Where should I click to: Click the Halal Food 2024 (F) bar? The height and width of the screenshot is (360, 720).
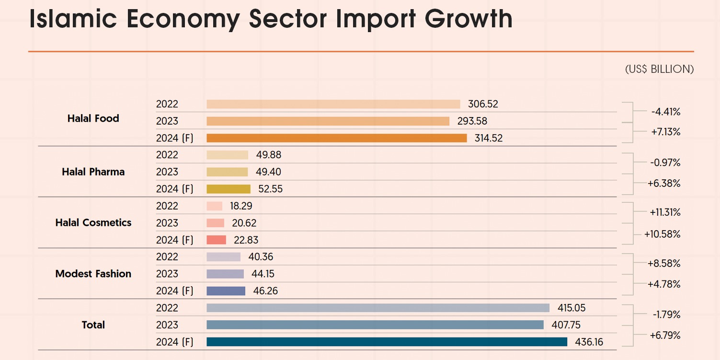coord(336,138)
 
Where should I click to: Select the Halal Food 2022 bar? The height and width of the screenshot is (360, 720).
coord(333,104)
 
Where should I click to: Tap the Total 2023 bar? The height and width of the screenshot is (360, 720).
coord(375,325)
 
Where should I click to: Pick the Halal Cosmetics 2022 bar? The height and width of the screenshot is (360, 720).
coord(214,206)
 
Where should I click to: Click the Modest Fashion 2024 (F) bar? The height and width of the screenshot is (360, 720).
coord(226,291)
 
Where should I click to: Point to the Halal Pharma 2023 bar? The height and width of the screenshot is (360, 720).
coord(227,172)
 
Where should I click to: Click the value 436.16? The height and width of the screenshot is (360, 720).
coord(589,342)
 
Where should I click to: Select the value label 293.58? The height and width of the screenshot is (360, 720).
coord(472,121)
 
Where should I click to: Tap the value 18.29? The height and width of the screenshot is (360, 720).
coord(241,206)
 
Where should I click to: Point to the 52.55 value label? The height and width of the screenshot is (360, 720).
coord(270,189)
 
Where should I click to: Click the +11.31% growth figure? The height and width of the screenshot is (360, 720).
coord(665,212)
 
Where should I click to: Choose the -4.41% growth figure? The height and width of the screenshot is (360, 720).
coord(666,112)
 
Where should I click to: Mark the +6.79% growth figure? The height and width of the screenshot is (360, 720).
coord(665,336)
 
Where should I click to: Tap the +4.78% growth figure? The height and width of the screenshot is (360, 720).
coord(664,284)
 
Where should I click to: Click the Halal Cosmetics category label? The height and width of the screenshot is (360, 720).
coord(93,223)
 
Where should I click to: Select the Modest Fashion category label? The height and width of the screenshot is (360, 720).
coord(93,274)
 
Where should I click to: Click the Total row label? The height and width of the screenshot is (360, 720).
coord(93,325)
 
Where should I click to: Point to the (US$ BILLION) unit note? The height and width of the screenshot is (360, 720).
coord(659,69)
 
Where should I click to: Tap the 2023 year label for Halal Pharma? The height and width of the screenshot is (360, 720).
coord(167,172)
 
